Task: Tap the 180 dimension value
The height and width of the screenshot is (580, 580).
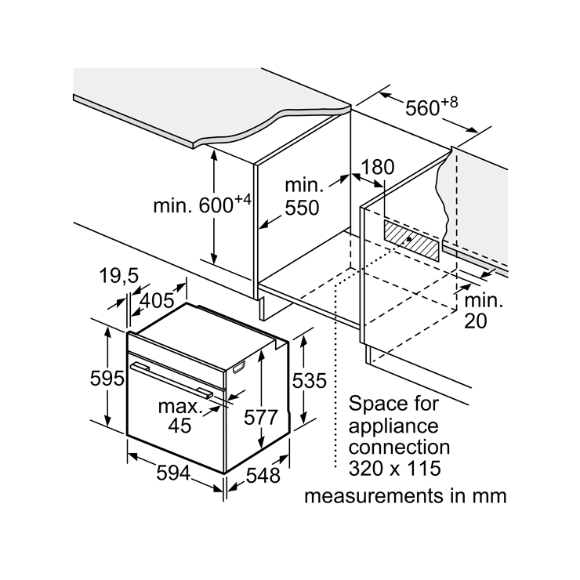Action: click(378, 167)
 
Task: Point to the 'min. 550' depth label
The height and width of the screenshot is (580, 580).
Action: click(303, 197)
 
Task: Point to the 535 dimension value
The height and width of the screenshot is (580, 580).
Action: click(308, 380)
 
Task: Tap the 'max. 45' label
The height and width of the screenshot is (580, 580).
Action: click(179, 415)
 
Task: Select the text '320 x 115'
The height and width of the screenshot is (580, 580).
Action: click(395, 469)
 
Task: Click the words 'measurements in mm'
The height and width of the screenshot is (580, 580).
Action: click(405, 495)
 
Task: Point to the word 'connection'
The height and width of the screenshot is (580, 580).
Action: click(400, 448)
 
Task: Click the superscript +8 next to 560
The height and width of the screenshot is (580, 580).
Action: click(450, 101)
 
